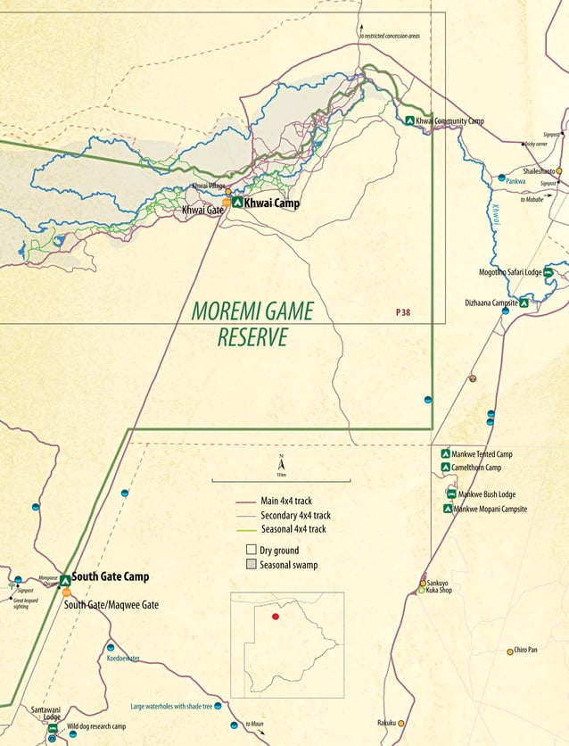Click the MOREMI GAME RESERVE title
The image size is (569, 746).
[x=252, y=324]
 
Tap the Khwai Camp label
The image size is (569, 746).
[x=272, y=203]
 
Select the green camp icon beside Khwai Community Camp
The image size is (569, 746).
[x=409, y=120]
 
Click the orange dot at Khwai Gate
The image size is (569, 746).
[x=227, y=203]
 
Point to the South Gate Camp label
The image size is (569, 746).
[x=111, y=577]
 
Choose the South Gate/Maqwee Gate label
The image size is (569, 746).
[x=111, y=604]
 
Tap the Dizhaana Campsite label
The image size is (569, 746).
[x=491, y=303]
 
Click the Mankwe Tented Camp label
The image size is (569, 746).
[x=482, y=454]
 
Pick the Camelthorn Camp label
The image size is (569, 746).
[x=476, y=468]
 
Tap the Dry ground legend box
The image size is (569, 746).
[x=251, y=550]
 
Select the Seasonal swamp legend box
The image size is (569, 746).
[x=251, y=565]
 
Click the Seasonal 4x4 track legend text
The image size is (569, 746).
[x=293, y=529]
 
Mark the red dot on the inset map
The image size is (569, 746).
[x=276, y=617]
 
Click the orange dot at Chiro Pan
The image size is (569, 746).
[x=509, y=651]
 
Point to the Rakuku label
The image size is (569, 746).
[x=386, y=723]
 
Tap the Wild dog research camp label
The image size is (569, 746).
[x=96, y=726]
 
